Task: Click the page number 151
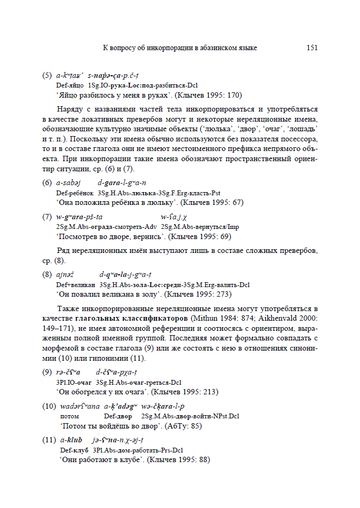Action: point(312,48)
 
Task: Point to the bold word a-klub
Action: point(71,440)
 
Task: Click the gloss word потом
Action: point(71,416)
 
